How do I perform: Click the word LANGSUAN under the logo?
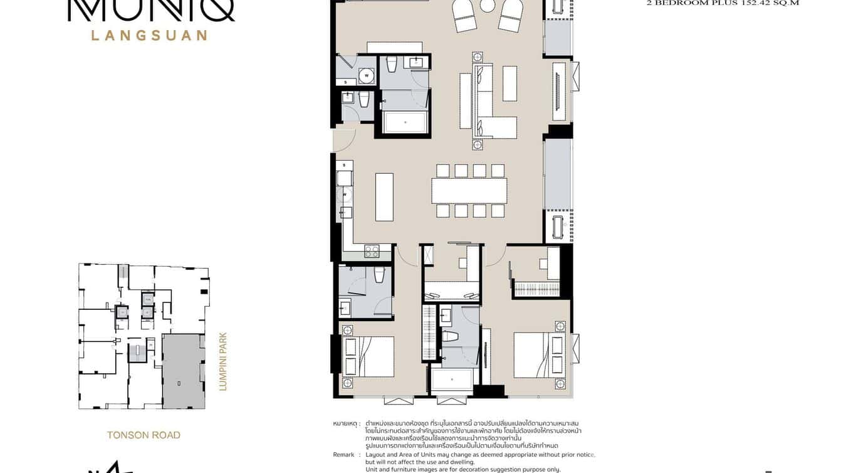[149, 35]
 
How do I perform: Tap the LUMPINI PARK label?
[222, 362]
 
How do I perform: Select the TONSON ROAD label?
[144, 435]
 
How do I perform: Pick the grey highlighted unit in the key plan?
[182, 371]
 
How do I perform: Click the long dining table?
[469, 191]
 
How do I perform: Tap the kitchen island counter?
[384, 197]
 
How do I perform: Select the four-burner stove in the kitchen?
[372, 252]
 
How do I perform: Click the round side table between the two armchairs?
[488, 6]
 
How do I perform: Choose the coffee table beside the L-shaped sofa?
[509, 83]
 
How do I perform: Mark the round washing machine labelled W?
[367, 77]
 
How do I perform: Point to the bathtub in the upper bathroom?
[404, 122]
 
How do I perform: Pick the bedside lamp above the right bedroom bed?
[560, 326]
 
